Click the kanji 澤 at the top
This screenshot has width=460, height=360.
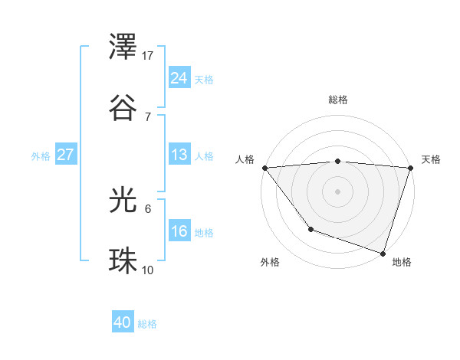coord(124,50)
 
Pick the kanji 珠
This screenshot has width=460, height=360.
coord(124,260)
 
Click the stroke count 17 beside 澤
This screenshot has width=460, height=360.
coord(148,56)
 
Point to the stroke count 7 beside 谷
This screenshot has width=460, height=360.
coord(148,116)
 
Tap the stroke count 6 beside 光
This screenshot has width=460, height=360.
coord(148,208)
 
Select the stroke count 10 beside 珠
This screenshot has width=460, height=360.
coord(148,269)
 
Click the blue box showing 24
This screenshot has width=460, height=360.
coord(179,77)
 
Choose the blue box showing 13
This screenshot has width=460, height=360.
coord(179,155)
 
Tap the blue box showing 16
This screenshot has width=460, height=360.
coord(179,231)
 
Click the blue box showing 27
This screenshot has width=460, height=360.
coord(66,155)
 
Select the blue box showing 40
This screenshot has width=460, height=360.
coord(123,323)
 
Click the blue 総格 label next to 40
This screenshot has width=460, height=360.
coord(147,324)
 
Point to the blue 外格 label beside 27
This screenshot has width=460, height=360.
coord(41,155)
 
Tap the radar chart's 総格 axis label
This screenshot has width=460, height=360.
coord(338,100)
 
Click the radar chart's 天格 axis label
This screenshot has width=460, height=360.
coord(431,159)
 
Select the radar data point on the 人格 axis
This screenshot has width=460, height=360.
coord(264,168)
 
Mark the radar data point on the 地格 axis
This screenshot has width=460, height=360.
coord(383,252)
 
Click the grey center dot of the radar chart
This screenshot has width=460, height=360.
coord(338,191)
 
